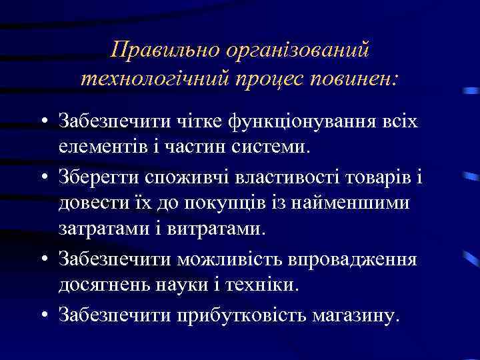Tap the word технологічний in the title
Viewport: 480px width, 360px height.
154,79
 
